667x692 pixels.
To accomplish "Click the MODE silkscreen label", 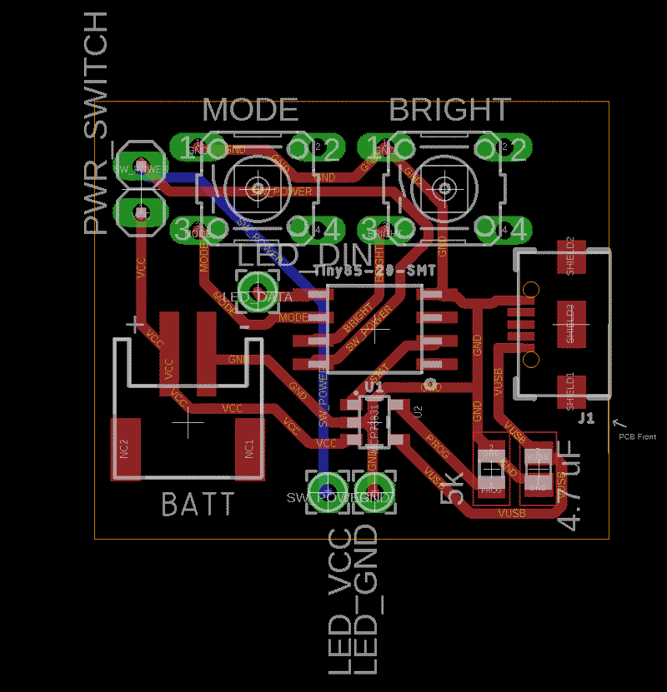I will point(250,110).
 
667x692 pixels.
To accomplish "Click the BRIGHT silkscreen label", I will point(449,110).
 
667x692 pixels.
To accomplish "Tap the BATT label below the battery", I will point(197,504).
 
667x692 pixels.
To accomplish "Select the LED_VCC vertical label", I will point(340,601).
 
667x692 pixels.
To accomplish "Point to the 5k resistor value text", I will point(454,485).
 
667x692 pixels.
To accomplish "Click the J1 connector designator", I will point(586,418).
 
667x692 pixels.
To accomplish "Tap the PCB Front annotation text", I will point(637,436).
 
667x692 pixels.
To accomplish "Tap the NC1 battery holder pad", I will point(248,449).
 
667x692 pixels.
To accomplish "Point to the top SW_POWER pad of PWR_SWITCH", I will point(140,165).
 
